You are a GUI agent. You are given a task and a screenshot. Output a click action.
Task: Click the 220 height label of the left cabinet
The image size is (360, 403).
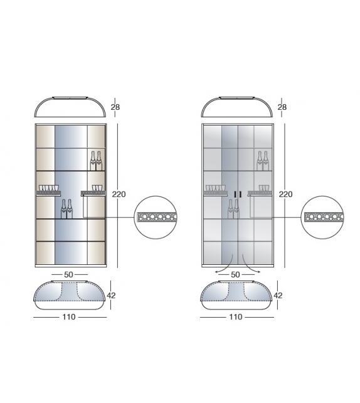[119, 195]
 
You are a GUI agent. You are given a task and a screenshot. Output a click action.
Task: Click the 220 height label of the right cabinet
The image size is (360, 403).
[285, 195]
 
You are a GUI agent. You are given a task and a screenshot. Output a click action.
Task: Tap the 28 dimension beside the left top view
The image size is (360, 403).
[115, 107]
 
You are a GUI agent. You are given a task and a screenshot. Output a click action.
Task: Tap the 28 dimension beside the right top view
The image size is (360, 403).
[282, 107]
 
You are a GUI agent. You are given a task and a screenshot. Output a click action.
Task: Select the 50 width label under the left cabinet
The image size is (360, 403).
[68, 275]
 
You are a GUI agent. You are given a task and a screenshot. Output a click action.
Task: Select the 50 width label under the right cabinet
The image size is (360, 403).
[235, 275]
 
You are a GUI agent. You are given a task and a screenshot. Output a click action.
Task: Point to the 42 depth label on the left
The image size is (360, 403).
[111, 296]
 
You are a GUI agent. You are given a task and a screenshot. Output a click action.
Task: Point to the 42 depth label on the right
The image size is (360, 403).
[278, 296]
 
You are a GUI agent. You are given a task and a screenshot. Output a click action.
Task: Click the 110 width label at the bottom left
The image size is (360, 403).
[69, 317]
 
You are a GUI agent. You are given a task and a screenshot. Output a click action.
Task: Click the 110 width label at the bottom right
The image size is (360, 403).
[236, 317]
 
